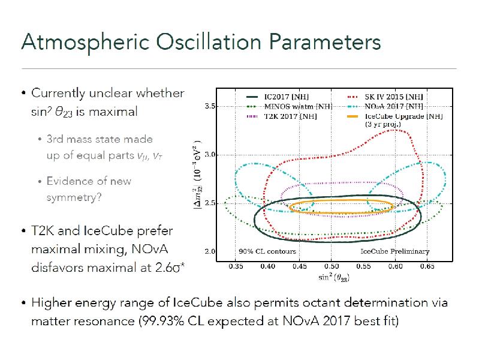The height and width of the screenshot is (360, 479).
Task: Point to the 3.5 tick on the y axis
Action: (210, 106)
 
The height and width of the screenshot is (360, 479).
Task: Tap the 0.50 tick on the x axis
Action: (331, 266)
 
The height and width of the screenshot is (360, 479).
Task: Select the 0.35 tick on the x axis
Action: (236, 266)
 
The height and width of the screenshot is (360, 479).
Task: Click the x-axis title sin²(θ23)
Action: (334, 277)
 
